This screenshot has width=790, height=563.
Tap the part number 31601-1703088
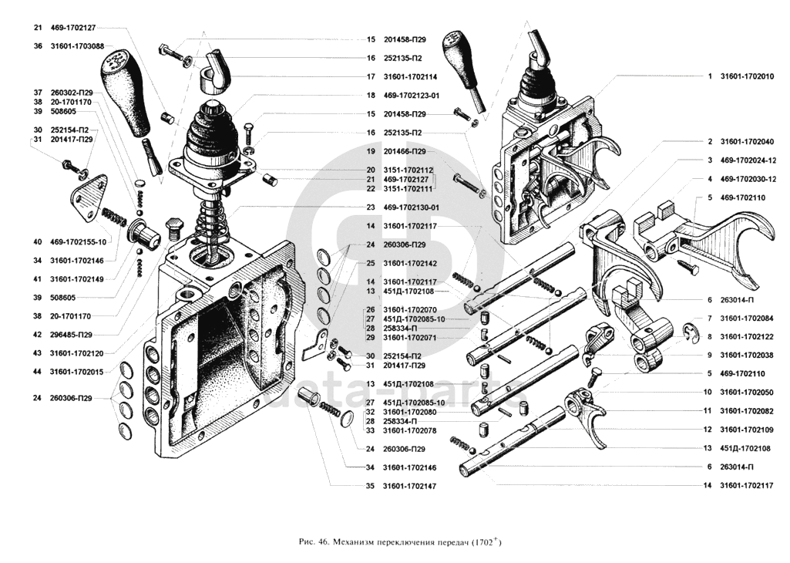[x=79, y=46]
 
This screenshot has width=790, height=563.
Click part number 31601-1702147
[x=412, y=486]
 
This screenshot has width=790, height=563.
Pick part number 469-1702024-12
[x=748, y=160]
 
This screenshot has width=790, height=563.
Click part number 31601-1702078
[x=412, y=430]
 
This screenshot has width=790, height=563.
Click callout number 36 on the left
[x=38, y=46]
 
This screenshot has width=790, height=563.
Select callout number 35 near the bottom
[x=370, y=486]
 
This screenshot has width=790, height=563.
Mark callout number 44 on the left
[x=38, y=372]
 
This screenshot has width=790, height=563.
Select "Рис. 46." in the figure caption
[x=312, y=543]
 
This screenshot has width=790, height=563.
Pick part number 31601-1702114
[x=412, y=77]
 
